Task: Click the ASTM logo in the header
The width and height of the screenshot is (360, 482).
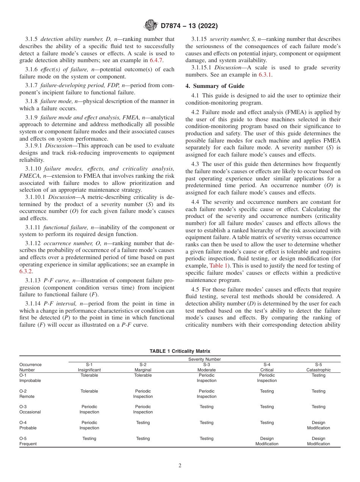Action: (x=151, y=26)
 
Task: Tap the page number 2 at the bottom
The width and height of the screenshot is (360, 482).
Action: (x=180, y=466)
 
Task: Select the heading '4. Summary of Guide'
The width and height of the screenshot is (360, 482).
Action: (x=215, y=86)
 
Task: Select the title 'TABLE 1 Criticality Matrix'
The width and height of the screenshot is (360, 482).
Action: (x=180, y=351)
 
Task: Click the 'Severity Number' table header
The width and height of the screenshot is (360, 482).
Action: (x=204, y=359)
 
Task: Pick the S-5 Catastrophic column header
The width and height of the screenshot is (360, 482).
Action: (x=318, y=367)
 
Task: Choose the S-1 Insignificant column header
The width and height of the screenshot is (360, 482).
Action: (x=89, y=367)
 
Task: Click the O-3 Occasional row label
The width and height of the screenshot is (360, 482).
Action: (x=30, y=409)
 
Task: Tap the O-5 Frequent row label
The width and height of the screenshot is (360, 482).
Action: (x=28, y=441)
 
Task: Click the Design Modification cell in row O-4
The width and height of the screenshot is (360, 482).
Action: (x=318, y=425)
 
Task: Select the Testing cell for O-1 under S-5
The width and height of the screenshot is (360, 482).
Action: (x=318, y=375)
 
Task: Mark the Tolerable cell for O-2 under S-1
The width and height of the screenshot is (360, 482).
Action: (x=89, y=391)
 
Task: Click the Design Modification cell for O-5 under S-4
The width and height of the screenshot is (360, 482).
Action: (x=267, y=441)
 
